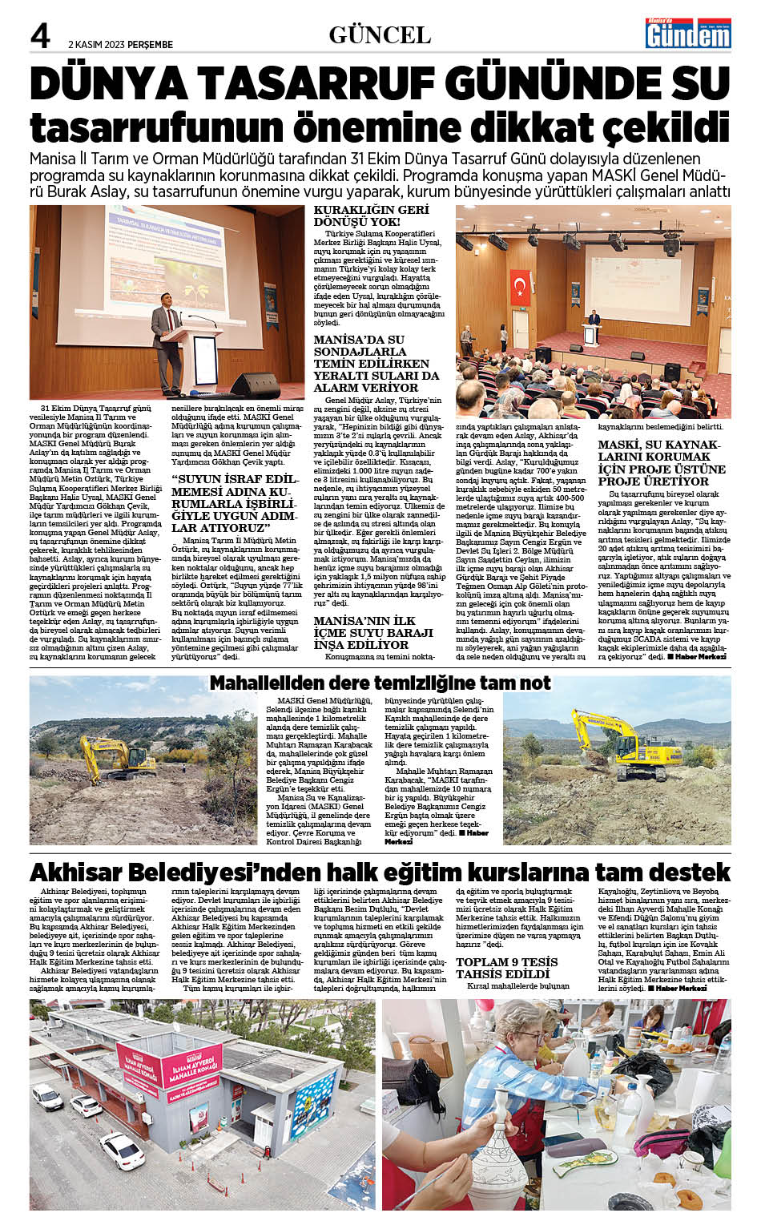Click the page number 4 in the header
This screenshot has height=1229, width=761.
[40, 34]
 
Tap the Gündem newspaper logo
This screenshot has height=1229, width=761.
[688, 34]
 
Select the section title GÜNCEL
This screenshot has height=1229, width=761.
[380, 34]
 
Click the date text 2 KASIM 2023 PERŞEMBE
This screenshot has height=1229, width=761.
[120, 45]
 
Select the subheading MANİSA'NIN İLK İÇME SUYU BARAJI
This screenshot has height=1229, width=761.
[373, 632]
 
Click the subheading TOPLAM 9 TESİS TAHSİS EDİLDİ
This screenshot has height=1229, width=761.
[506, 967]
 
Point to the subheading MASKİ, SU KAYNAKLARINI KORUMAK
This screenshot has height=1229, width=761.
[662, 462]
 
